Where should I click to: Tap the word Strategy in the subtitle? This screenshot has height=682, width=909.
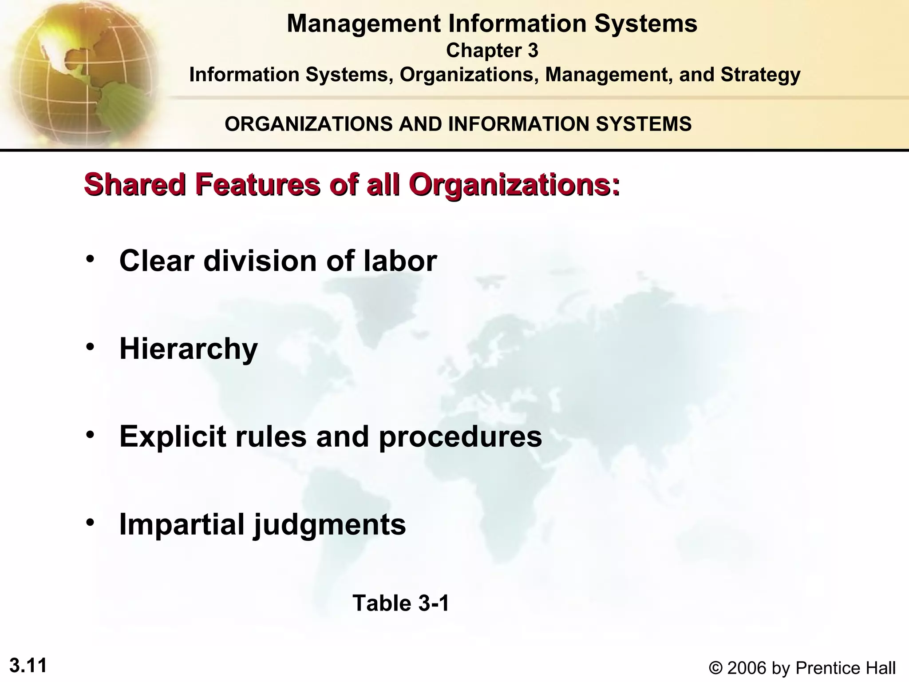pos(760,75)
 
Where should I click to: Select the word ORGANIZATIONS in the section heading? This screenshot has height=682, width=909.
pos(309,124)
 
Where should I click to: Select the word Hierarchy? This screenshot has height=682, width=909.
pos(188,349)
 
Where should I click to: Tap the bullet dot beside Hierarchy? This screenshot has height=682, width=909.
pos(91,347)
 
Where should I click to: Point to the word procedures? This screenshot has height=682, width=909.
pos(460,437)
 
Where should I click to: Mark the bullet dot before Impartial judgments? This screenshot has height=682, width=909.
pos(91,523)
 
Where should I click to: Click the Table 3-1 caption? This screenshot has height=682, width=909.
pos(401,603)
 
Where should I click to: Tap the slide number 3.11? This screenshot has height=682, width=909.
pos(28,666)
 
